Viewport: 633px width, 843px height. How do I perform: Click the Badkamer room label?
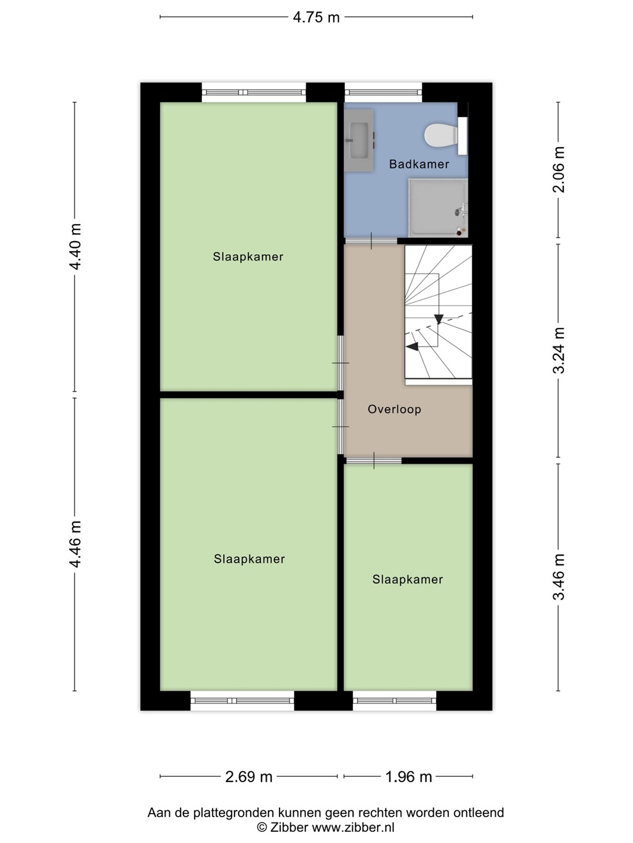[419, 165]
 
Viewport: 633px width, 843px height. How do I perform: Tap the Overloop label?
[394, 409]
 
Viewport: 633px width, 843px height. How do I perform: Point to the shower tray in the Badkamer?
[438, 207]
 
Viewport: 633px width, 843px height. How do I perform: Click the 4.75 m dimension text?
[316, 18]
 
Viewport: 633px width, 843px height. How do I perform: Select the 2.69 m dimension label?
[249, 777]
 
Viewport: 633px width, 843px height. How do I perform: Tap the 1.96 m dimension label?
[409, 777]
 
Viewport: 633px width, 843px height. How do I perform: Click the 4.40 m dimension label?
[75, 246]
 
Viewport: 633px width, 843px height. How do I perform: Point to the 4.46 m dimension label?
[75, 544]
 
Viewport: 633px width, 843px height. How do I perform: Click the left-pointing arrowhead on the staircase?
[412, 347]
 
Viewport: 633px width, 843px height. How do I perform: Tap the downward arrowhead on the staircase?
[438, 320]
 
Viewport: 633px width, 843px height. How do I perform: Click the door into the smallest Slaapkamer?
[373, 461]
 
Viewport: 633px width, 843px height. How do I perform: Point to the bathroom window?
[383, 92]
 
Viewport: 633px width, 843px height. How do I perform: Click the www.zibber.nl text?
[353, 827]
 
